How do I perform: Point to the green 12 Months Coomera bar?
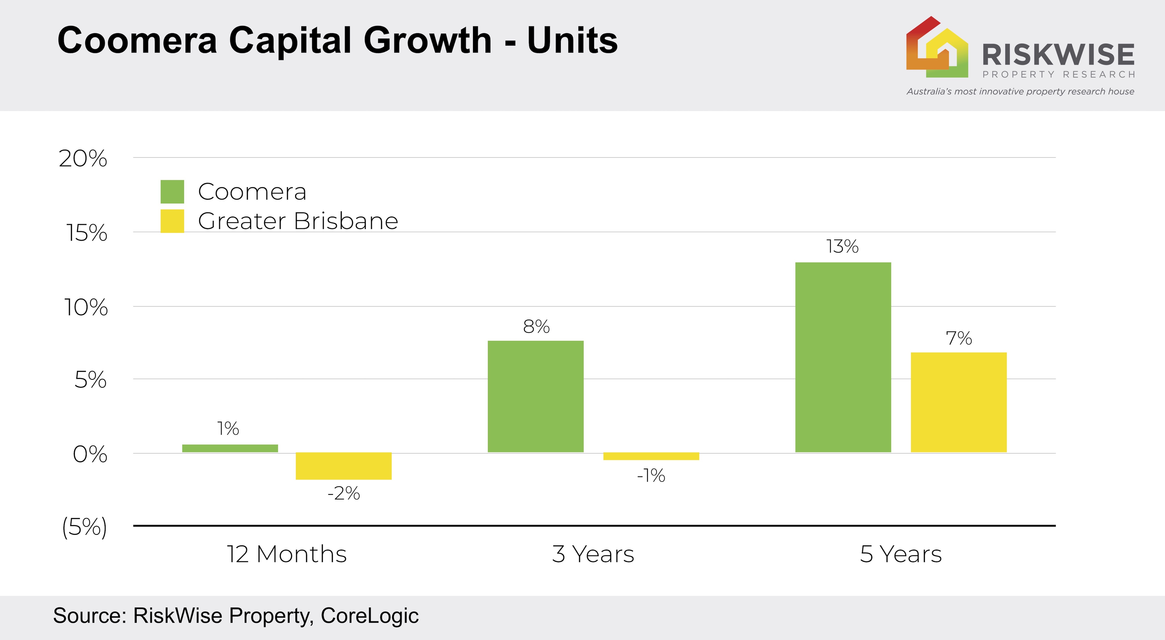click(230, 448)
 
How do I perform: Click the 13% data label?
click(842, 247)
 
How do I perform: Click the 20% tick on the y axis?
click(83, 159)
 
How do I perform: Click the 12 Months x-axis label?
click(287, 554)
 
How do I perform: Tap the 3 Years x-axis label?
click(593, 554)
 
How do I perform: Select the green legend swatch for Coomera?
click(172, 192)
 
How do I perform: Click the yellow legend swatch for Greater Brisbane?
click(172, 221)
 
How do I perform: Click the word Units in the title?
click(572, 41)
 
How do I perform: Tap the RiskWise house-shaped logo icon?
click(937, 47)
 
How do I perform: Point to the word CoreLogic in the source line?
click(369, 616)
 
